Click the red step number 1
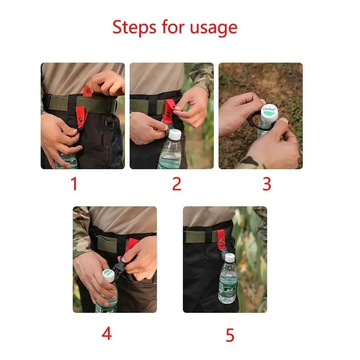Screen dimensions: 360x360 tap(74, 184)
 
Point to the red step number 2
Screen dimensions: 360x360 tap(176, 184)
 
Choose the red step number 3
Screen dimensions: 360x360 tap(266, 184)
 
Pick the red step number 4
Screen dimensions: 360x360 tap(107, 333)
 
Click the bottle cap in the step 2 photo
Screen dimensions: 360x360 tap(175, 135)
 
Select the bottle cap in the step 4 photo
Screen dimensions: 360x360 tap(109, 275)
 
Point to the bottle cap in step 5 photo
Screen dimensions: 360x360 tap(230, 257)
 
